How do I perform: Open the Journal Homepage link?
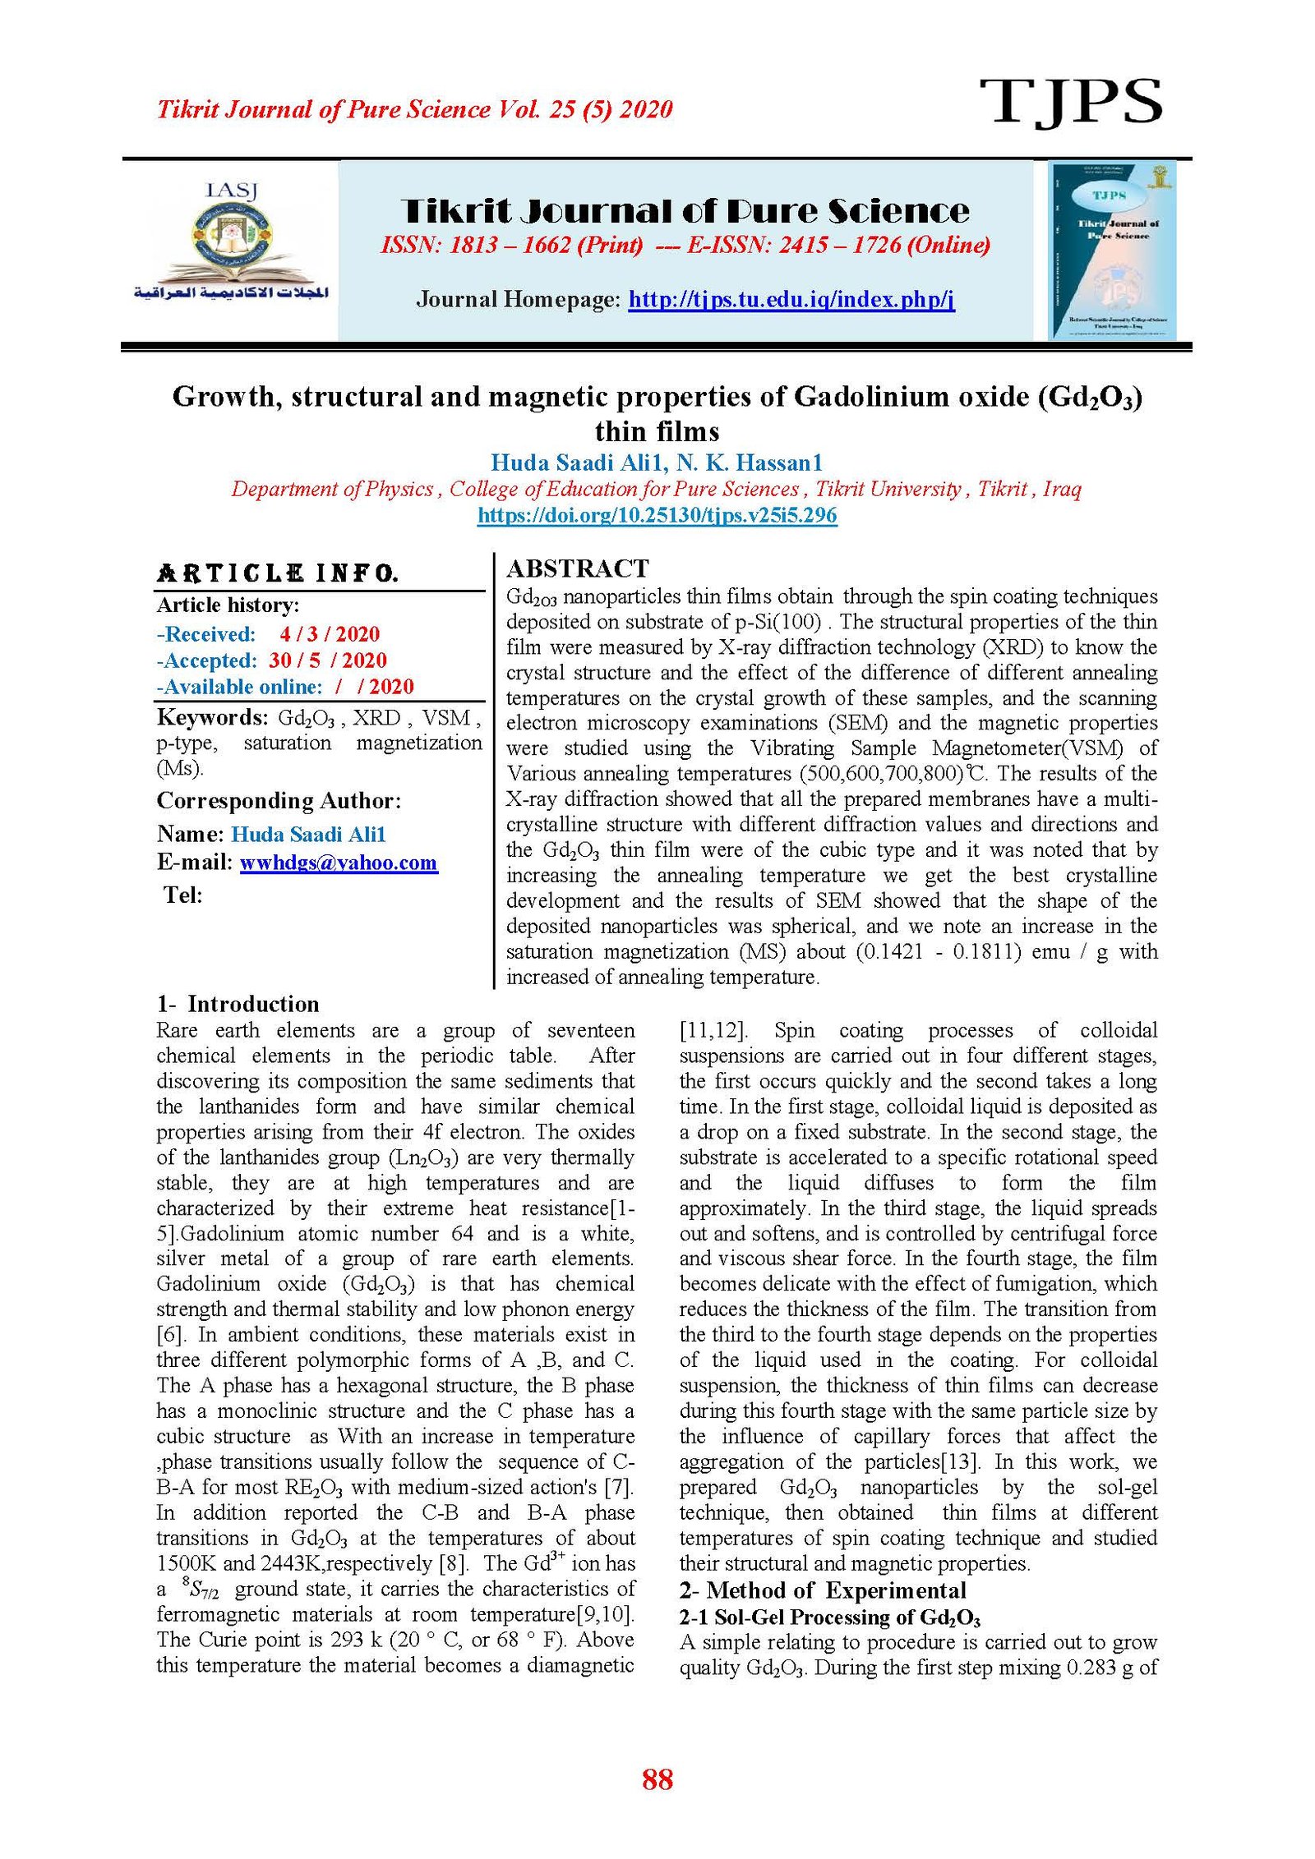(x=791, y=299)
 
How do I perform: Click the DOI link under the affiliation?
(x=657, y=516)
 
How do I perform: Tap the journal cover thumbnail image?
(x=1112, y=250)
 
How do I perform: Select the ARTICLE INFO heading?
(x=278, y=573)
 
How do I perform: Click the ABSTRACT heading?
(x=577, y=568)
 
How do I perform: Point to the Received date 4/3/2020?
(x=329, y=634)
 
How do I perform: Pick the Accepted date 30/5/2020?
(x=327, y=660)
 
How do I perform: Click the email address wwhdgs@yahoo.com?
(x=339, y=863)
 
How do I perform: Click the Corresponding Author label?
(x=279, y=801)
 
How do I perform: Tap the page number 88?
(x=657, y=1779)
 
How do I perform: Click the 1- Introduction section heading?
(x=238, y=1004)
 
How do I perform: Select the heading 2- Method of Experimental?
(x=822, y=1590)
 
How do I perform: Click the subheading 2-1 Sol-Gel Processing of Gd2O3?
(x=829, y=1617)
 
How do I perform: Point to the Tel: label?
(x=182, y=895)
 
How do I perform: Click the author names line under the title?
(x=657, y=462)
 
